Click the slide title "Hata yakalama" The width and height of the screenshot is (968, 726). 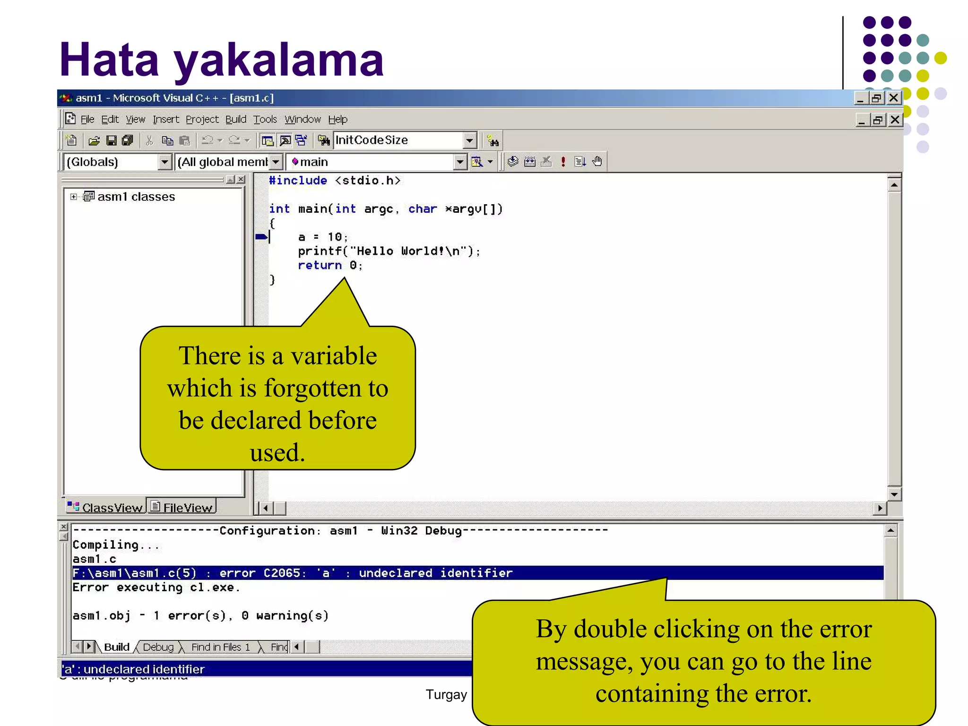[221, 60]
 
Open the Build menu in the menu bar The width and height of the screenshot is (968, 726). [235, 120]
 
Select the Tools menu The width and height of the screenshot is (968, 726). [265, 120]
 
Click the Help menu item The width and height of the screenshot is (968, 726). [337, 120]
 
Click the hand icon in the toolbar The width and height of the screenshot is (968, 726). [597, 162]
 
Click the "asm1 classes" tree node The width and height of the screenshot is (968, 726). [136, 197]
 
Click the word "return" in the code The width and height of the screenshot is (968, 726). [320, 266]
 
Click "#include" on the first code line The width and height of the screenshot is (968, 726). [298, 181]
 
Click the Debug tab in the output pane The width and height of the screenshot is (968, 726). [158, 647]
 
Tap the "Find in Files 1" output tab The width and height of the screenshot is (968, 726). [220, 647]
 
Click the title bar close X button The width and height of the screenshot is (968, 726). [893, 98]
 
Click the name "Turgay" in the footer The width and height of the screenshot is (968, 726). [446, 694]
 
